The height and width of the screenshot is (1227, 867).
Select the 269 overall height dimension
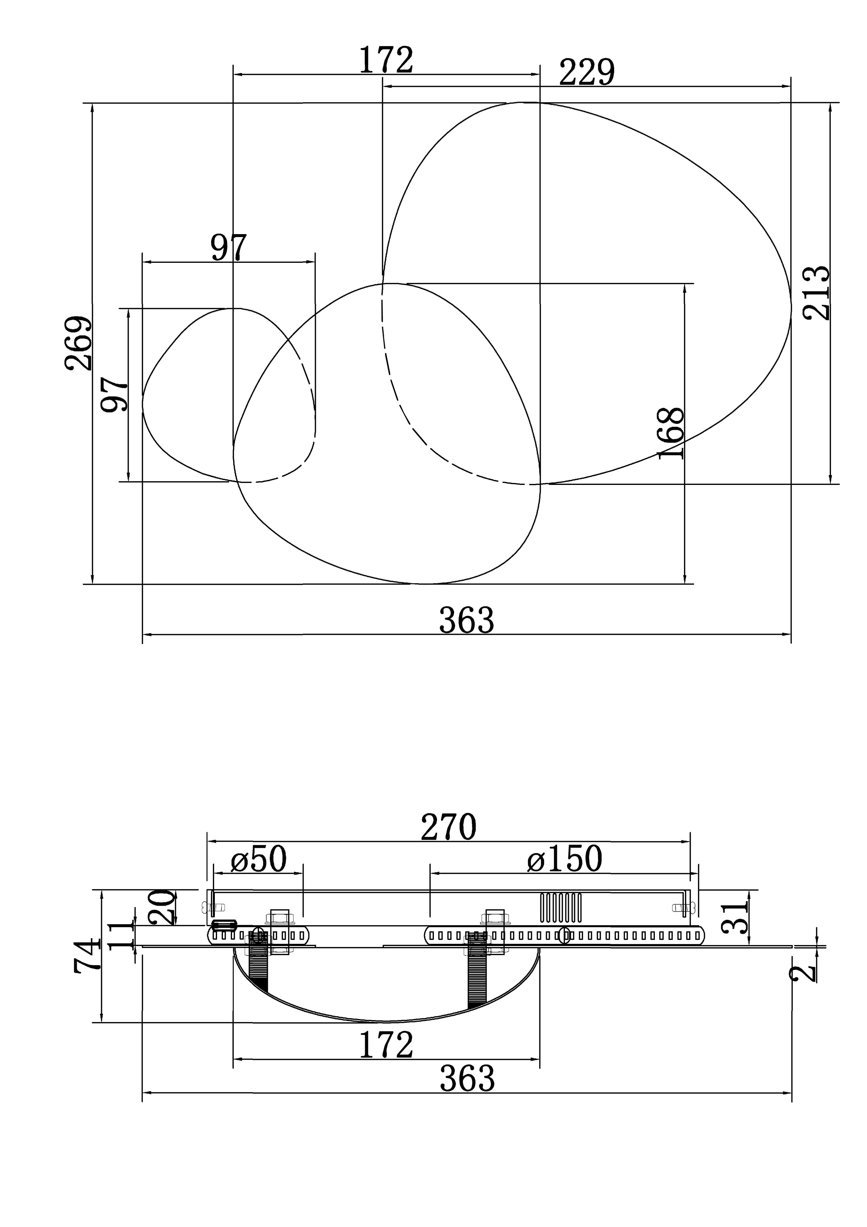(78, 343)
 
